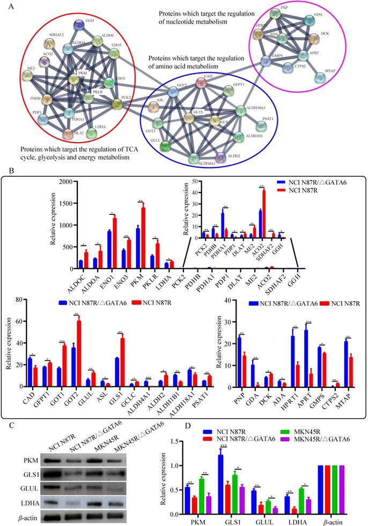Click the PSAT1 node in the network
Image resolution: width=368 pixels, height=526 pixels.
tap(261, 126)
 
